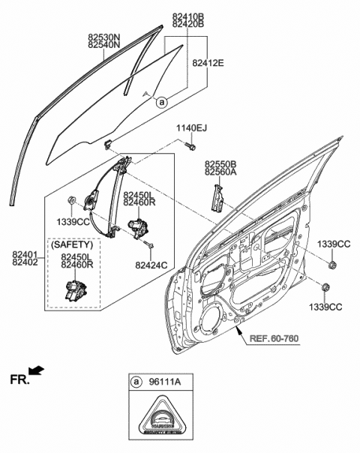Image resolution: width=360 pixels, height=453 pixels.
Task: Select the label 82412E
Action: pyautogui.click(x=208, y=63)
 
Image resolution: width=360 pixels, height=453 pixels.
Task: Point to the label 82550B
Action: pyautogui.click(x=220, y=163)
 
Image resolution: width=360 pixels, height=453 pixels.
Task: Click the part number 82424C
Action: pyautogui.click(x=151, y=264)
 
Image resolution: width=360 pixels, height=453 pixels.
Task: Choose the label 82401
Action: pyautogui.click(x=25, y=255)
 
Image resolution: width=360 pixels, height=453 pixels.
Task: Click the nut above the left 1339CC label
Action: pyautogui.click(x=72, y=201)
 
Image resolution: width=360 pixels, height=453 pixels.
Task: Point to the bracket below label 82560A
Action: pyautogui.click(x=219, y=198)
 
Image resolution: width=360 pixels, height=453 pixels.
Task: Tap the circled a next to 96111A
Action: pyautogui.click(x=136, y=381)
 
